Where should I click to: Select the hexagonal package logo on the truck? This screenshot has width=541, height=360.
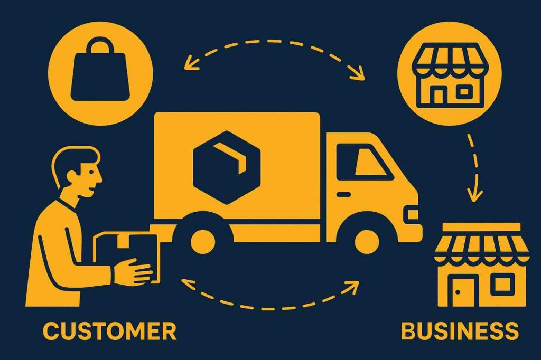pyautogui.click(x=227, y=167)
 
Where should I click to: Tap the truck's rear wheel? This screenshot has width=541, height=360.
pyautogui.click(x=203, y=239)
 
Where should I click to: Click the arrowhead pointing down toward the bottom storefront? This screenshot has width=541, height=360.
pyautogui.click(x=475, y=195)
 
